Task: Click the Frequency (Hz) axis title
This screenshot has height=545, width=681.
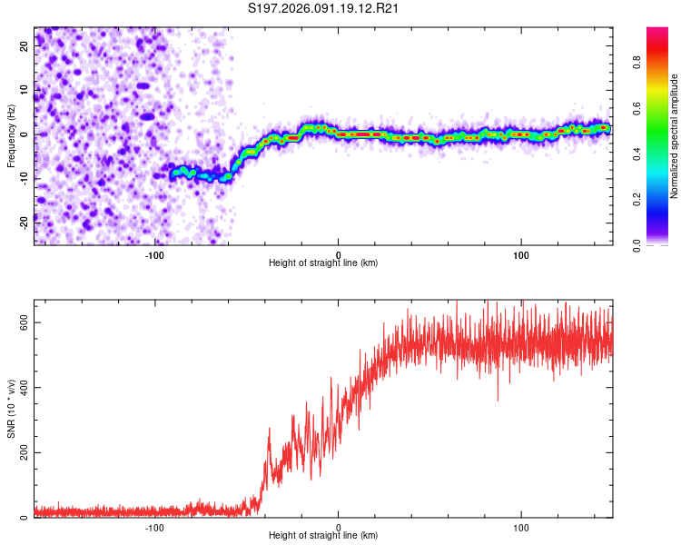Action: point(10,135)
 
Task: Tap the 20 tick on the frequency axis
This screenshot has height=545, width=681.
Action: point(25,47)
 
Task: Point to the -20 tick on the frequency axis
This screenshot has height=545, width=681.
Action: point(24,221)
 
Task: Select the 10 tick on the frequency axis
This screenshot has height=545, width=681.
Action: point(25,91)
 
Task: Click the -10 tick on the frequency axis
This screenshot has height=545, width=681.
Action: point(24,178)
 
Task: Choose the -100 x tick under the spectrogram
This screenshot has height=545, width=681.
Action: point(153,254)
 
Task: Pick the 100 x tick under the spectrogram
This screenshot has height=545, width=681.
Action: point(521,254)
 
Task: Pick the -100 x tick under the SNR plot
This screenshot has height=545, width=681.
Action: point(153,528)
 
